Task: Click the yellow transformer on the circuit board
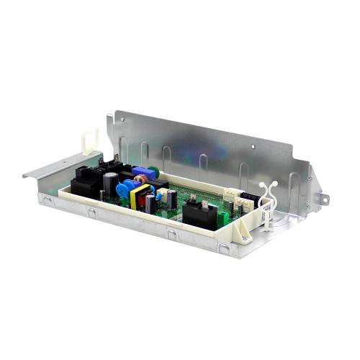pyautogui.click(x=141, y=195)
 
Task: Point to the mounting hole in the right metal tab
pyautogui.click(x=325, y=197)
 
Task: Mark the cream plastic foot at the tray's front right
pyautogui.click(x=245, y=234)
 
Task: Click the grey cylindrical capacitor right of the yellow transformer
pyautogui.click(x=150, y=203)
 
